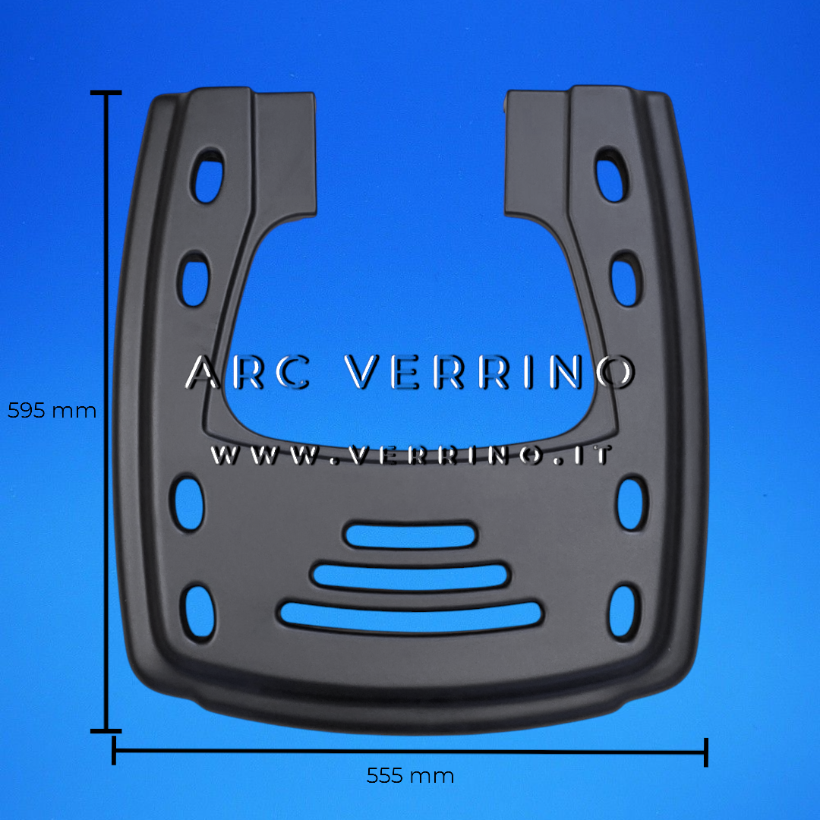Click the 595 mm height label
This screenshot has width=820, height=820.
coord(52,411)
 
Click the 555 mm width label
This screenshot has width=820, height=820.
coord(410,775)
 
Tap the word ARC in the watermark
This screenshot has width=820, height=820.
coord(248,372)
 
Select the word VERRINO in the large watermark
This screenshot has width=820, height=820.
coord(490,372)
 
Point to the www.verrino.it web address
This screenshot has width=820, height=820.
coord(412,456)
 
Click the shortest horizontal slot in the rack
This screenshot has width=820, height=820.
coord(410,536)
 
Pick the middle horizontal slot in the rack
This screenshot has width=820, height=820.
coord(410,576)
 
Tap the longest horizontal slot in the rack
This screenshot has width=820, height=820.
coord(411,616)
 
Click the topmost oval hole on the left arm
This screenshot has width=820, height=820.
coord(208,177)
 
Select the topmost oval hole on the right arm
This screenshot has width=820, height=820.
coord(611,175)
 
